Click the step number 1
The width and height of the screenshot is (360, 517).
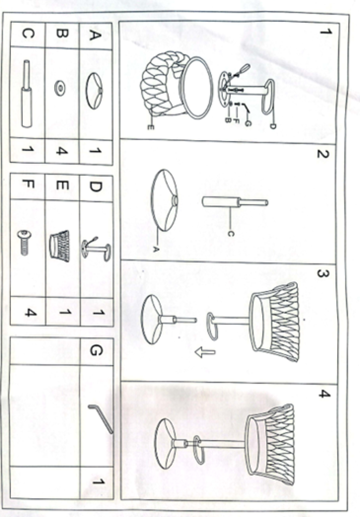[x=326, y=32]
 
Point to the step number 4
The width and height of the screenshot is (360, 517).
[x=324, y=393]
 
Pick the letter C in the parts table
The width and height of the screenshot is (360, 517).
[x=28, y=33]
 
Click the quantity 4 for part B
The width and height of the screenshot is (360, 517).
[x=62, y=151]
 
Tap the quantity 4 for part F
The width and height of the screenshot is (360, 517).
[x=31, y=312]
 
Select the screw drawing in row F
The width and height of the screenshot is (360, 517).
[x=24, y=242]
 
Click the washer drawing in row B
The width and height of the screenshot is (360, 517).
[x=59, y=88]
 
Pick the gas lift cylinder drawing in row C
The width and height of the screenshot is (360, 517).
[x=26, y=94]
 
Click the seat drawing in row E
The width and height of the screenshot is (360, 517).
[x=59, y=246]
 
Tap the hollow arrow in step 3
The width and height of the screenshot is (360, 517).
[x=205, y=353]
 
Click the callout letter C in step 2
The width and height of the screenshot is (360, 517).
[x=231, y=234]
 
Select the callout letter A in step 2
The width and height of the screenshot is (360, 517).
[x=156, y=250]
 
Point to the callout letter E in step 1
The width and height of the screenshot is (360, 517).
[x=151, y=127]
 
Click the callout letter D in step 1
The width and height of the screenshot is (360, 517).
[x=273, y=126]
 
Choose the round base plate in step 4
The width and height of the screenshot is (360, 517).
[x=167, y=444]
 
